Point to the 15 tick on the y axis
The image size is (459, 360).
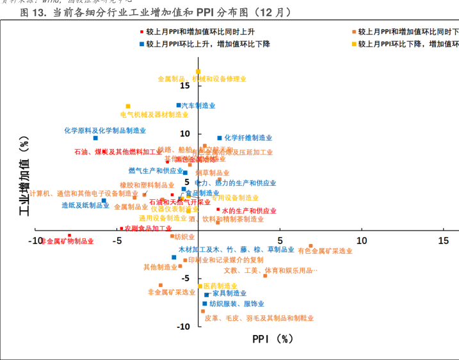coord(185,86)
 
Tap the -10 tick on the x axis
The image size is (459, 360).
coord(36,241)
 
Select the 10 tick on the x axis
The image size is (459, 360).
coord(362,241)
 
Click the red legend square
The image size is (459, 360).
coord(142,31)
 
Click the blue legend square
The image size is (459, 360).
coord(142,44)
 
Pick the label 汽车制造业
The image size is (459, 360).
coord(198,106)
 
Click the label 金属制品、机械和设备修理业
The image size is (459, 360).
coord(202,79)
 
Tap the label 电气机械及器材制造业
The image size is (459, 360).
coord(154,115)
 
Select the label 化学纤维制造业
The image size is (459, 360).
coord(248,138)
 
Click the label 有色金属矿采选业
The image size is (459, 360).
coord(325,251)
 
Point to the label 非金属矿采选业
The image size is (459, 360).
coord(172,292)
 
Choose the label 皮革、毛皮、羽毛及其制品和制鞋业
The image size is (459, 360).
coord(259,318)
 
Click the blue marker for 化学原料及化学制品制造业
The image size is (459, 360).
coord(95,138)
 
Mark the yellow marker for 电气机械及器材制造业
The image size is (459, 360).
coord(128,106)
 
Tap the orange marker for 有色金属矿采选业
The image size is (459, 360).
coord(311,246)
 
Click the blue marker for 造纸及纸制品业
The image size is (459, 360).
coord(104,200)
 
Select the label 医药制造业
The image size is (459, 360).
coord(220,286)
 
